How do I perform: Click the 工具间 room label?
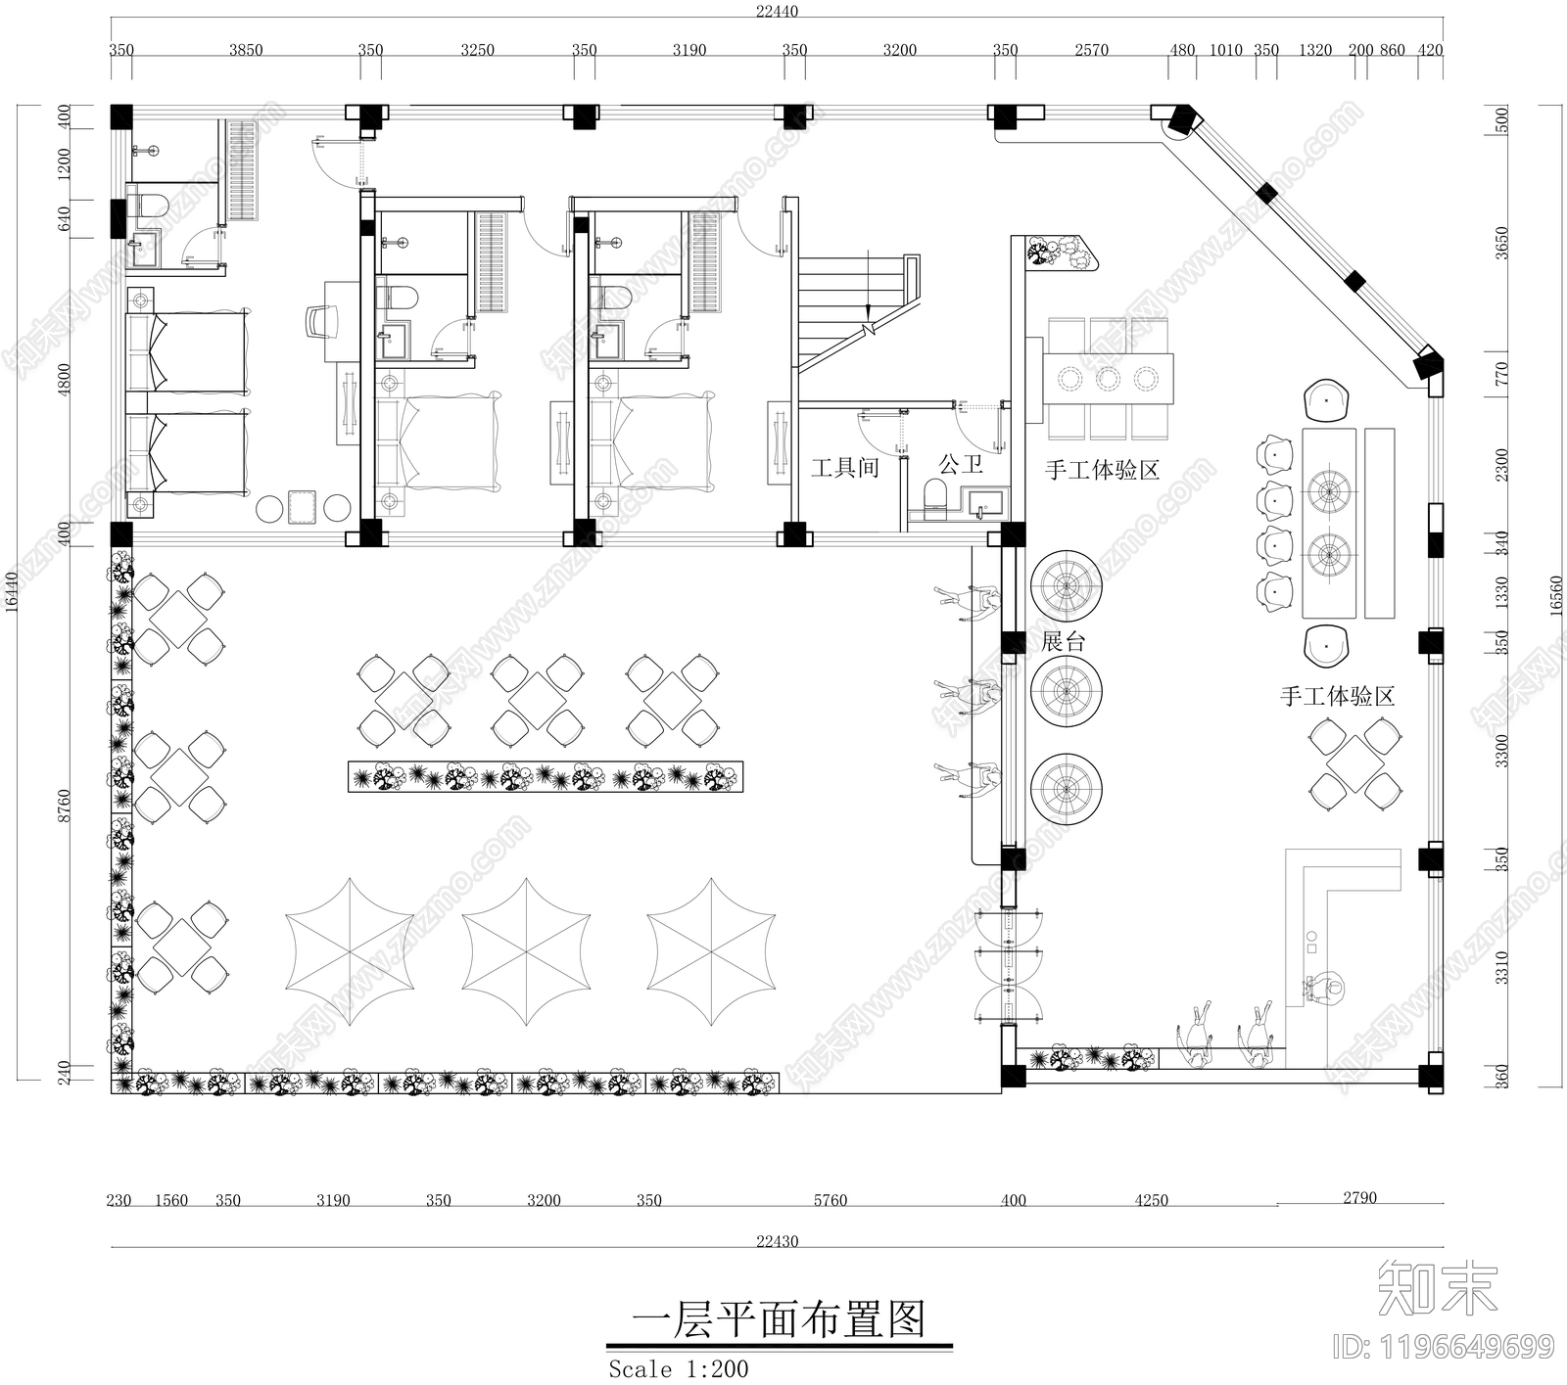pyautogui.click(x=844, y=468)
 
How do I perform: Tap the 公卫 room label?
pyautogui.click(x=960, y=463)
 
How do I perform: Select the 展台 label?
pyautogui.click(x=1064, y=642)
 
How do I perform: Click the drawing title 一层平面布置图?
pyautogui.click(x=779, y=1319)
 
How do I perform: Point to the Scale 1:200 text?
pyautogui.click(x=678, y=1367)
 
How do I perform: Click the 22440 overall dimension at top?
pyautogui.click(x=777, y=12)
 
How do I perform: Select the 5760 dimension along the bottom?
pyautogui.click(x=830, y=1200)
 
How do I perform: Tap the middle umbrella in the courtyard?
pyautogui.click(x=526, y=951)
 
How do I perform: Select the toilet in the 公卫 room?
pyautogui.click(x=935, y=495)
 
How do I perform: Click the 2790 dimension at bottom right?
pyautogui.click(x=1359, y=1197)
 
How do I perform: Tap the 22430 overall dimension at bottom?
pyautogui.click(x=777, y=1241)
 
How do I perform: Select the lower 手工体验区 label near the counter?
pyautogui.click(x=1337, y=697)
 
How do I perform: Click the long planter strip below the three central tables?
pyautogui.click(x=546, y=777)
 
